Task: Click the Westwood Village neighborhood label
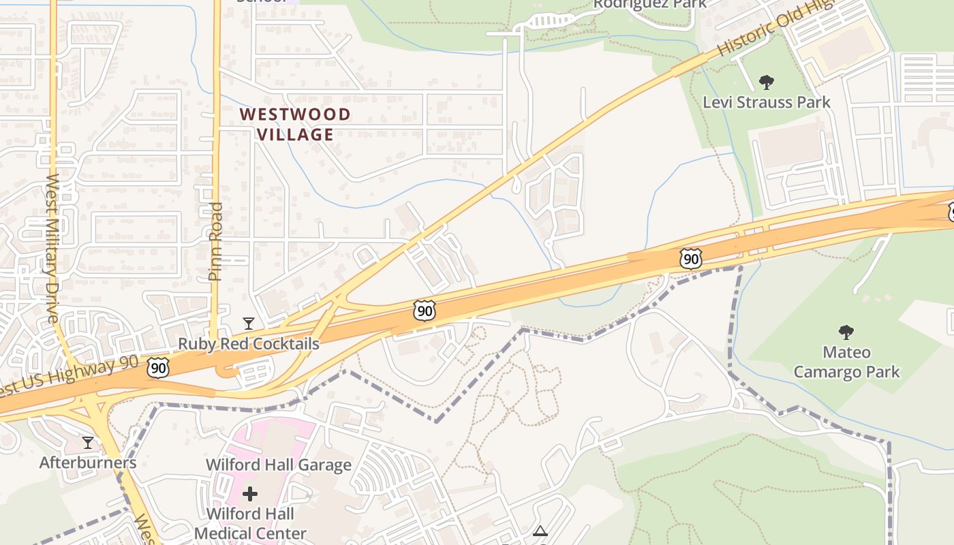(x=295, y=124)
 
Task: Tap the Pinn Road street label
(x=215, y=242)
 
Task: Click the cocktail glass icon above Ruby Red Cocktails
(x=249, y=323)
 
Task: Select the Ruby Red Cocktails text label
(x=249, y=343)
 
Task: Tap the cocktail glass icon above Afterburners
(x=87, y=443)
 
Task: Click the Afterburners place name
(x=87, y=463)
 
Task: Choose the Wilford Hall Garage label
(x=279, y=465)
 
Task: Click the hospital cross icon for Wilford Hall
(x=250, y=493)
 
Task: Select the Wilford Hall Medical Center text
(x=250, y=523)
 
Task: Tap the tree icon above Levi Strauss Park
(x=767, y=83)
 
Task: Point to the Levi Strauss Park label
(x=767, y=102)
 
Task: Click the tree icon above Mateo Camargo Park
(x=846, y=332)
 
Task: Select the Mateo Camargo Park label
(x=846, y=362)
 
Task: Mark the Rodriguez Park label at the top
(x=649, y=4)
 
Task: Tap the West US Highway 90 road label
(x=68, y=375)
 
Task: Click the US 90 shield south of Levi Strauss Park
(x=690, y=259)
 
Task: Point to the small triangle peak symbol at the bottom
(x=540, y=531)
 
